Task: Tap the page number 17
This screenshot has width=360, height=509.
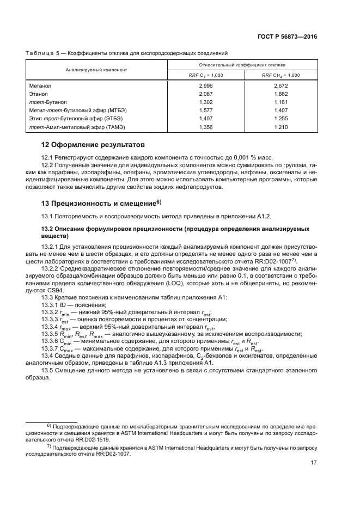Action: click(x=313, y=463)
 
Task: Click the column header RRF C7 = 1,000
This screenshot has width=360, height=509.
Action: click(x=206, y=75)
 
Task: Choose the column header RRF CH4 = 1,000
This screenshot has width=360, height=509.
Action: click(x=281, y=75)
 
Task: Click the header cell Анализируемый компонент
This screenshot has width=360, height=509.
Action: click(x=96, y=70)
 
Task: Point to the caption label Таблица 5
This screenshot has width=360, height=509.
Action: click(x=42, y=53)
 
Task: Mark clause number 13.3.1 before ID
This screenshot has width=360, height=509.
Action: click(x=51, y=306)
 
